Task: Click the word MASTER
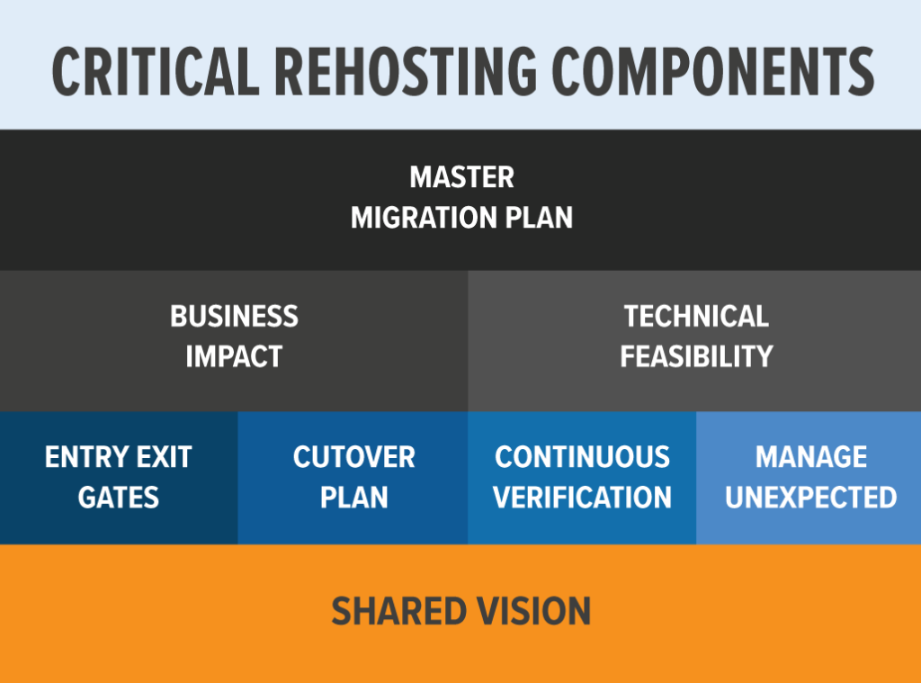click(461, 177)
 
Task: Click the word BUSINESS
click(234, 317)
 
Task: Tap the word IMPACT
click(234, 356)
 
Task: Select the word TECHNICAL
click(696, 317)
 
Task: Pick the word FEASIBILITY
click(696, 356)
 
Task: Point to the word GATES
click(119, 498)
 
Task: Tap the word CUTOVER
click(353, 457)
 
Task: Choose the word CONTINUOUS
click(582, 457)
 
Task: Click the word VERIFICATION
click(582, 498)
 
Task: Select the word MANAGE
click(810, 457)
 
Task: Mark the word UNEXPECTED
click(810, 498)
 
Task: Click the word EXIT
click(165, 457)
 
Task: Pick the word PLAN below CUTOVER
click(353, 498)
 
